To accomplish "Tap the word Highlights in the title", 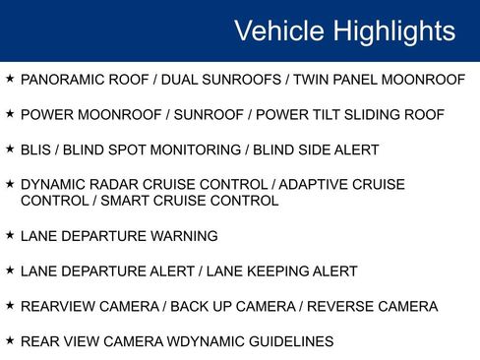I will coord(393,30).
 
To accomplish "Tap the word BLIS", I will coord(36,150).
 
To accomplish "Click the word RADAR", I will coord(113,185).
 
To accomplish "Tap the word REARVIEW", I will coord(58,307).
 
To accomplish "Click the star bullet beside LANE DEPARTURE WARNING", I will coord(10,235).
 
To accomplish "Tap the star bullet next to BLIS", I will coord(10,149).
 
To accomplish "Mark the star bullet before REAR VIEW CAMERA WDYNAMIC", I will coord(10,340).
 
